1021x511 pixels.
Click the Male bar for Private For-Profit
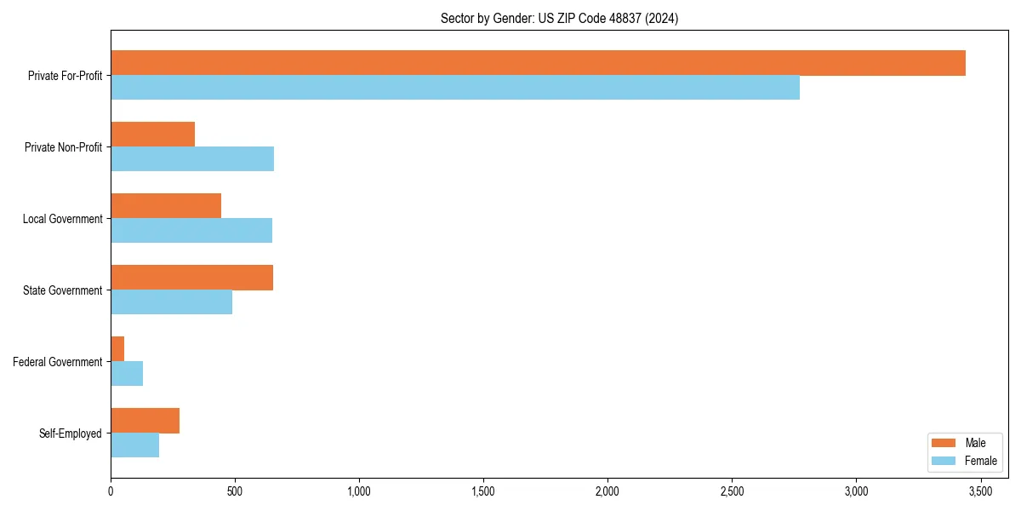538,63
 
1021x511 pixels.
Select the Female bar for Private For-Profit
455,88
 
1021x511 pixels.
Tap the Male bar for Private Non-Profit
153,135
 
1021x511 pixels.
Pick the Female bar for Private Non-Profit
192,159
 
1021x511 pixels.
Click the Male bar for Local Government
166,206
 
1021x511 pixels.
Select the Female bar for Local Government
191,231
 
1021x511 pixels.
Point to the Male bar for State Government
192,278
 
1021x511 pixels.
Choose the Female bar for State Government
171,302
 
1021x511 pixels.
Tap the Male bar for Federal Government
117,349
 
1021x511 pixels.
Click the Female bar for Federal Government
127,374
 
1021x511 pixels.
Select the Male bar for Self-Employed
145,421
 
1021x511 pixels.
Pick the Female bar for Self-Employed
134,445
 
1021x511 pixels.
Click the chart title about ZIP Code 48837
559,18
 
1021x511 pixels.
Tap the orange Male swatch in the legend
944,443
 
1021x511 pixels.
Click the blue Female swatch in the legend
944,461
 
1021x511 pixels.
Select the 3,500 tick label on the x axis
980,491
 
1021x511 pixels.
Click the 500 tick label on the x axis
235,491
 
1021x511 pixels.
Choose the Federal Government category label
57,362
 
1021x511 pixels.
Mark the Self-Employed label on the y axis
70,433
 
